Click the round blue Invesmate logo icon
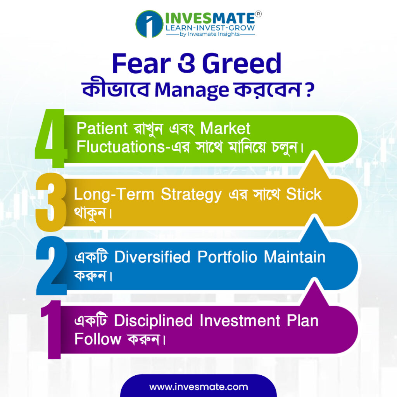click(149, 24)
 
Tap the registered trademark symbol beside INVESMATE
click(258, 14)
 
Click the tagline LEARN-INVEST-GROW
click(210, 28)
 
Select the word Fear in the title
click(142, 63)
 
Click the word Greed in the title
click(242, 63)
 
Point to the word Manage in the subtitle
click(192, 90)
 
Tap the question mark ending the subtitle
click(309, 90)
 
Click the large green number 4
click(51, 138)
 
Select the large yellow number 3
click(51, 202)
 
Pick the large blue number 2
click(52, 266)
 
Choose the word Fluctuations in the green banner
click(121, 147)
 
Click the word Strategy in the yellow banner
click(192, 195)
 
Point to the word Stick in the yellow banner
click(304, 194)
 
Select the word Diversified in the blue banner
click(152, 257)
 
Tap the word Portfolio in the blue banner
click(227, 257)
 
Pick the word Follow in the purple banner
click(98, 339)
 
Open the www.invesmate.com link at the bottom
click(198, 387)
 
